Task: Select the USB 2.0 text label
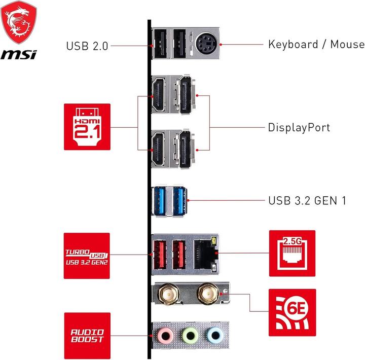click(87, 46)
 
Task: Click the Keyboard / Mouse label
click(316, 44)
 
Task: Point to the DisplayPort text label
click(299, 127)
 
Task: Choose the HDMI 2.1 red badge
click(87, 127)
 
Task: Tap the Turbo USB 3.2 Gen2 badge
click(87, 256)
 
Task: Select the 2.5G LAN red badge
click(292, 253)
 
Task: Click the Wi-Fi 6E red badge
click(292, 312)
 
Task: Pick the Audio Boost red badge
click(87, 335)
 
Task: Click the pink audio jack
click(163, 335)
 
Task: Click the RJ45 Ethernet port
click(205, 251)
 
